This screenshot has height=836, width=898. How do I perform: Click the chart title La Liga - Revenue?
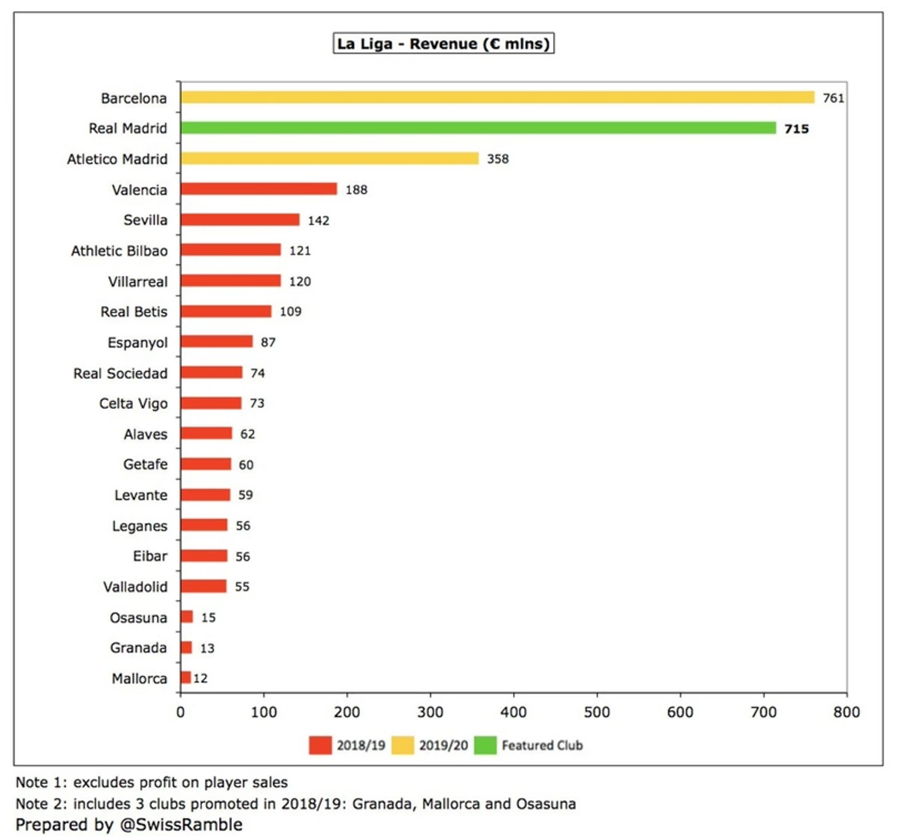click(443, 44)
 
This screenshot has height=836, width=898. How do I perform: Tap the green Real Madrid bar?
click(478, 128)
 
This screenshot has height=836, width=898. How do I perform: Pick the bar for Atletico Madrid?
click(329, 159)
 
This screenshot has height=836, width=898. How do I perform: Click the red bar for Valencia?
click(258, 189)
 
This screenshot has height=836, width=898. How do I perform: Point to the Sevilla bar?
click(240, 220)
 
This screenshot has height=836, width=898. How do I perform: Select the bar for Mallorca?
click(186, 678)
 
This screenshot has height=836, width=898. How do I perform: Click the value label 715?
click(797, 129)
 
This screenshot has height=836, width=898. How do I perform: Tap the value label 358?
click(498, 159)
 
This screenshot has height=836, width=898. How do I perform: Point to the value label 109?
click(290, 312)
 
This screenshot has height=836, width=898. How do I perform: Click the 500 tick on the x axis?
click(597, 712)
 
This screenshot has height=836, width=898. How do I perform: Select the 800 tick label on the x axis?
click(846, 712)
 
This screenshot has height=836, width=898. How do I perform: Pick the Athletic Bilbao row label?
click(119, 251)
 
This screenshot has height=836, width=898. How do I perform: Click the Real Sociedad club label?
click(121, 373)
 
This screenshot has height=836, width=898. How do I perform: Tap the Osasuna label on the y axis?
click(138, 618)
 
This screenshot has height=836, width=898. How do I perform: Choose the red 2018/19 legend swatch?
click(320, 746)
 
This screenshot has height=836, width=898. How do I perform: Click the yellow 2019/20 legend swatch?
click(403, 746)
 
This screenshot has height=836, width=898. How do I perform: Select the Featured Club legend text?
click(542, 746)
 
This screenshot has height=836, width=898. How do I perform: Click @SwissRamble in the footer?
click(181, 825)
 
